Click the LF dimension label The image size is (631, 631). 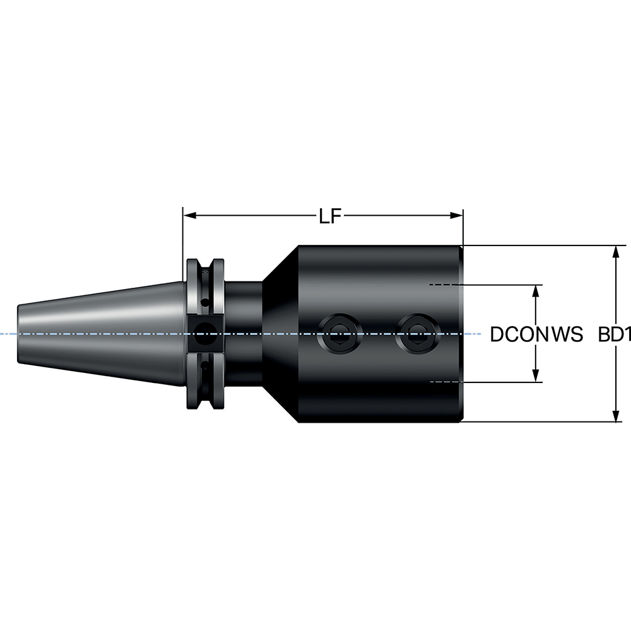click(329, 217)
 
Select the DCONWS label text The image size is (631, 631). click(536, 334)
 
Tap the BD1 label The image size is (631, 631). click(615, 334)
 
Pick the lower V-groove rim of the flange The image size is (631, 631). click(206, 398)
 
